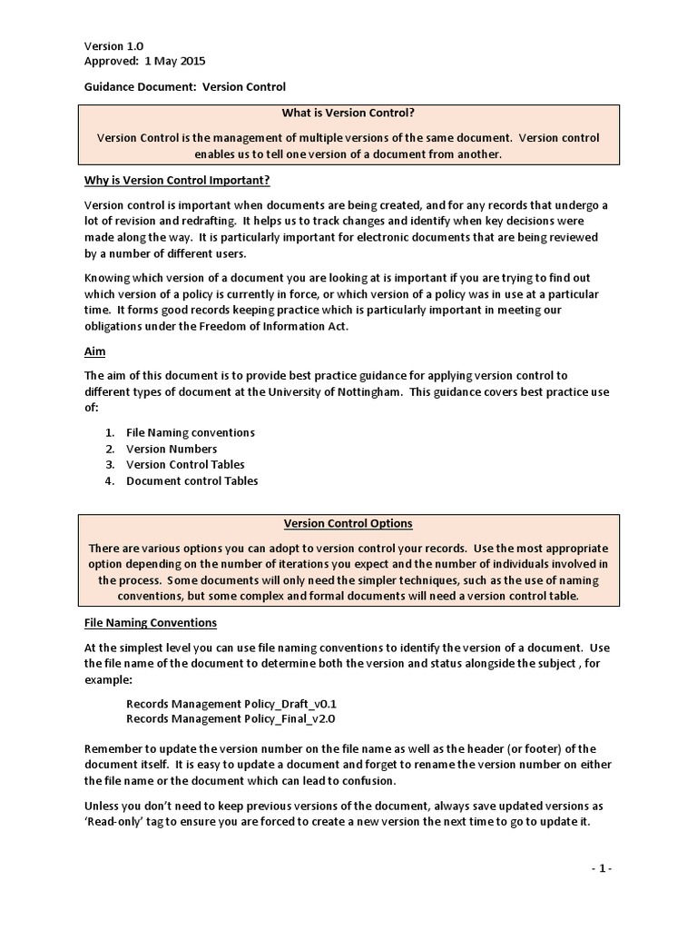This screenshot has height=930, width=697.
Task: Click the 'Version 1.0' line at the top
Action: pyautogui.click(x=113, y=45)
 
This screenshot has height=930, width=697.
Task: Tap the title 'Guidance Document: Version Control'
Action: pyautogui.click(x=184, y=86)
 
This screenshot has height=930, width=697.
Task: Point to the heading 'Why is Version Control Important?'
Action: pyautogui.click(x=177, y=180)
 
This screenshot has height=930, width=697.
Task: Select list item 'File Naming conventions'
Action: pyautogui.click(x=190, y=432)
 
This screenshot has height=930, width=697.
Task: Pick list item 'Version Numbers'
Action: pyautogui.click(x=172, y=449)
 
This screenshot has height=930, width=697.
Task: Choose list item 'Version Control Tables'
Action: pyautogui.click(x=185, y=465)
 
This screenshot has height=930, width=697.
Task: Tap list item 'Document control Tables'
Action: pyautogui.click(x=191, y=481)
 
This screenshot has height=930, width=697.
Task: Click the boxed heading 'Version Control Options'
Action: pyautogui.click(x=348, y=523)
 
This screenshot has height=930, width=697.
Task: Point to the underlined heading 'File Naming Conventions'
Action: pyautogui.click(x=150, y=623)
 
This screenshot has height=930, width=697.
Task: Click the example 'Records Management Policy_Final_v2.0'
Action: pyautogui.click(x=231, y=719)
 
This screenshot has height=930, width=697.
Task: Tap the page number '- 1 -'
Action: pyautogui.click(x=601, y=868)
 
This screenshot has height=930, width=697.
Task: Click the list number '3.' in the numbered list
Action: pyautogui.click(x=109, y=465)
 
